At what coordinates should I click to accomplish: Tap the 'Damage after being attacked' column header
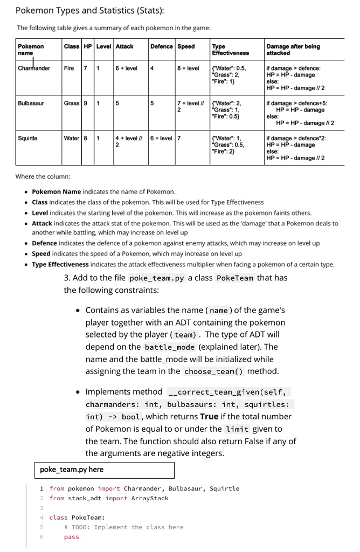293,50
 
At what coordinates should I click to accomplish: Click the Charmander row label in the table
34,68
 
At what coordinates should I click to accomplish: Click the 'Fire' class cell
69,68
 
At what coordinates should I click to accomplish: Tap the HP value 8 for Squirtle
85,137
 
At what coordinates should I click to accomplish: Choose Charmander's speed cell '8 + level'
188,68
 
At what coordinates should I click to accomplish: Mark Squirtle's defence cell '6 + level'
161,137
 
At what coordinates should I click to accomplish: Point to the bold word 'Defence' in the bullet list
44,243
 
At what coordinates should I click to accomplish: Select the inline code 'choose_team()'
214,371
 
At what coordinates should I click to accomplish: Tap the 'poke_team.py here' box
105,470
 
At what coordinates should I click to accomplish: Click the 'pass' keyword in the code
71,537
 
